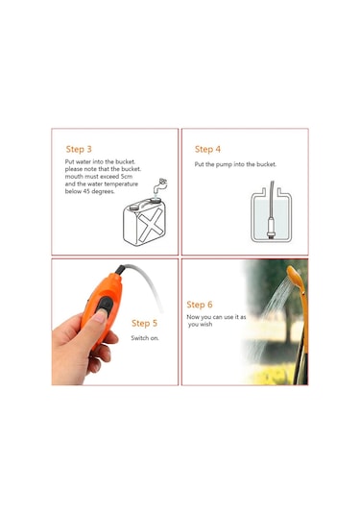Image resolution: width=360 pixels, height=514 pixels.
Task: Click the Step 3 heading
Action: [79, 149]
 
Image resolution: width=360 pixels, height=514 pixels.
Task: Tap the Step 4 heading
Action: [207, 149]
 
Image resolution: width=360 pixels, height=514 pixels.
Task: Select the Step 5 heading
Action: [145, 323]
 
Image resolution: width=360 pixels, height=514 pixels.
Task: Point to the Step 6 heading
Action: [200, 304]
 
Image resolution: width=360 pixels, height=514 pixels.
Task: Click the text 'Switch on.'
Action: [146, 338]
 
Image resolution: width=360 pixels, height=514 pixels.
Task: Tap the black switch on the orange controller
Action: [102, 306]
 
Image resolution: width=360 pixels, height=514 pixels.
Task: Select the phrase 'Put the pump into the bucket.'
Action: [235, 164]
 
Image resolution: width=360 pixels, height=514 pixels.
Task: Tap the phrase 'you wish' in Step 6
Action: [200, 325]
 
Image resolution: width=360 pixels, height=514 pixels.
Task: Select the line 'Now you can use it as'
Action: [216, 316]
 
